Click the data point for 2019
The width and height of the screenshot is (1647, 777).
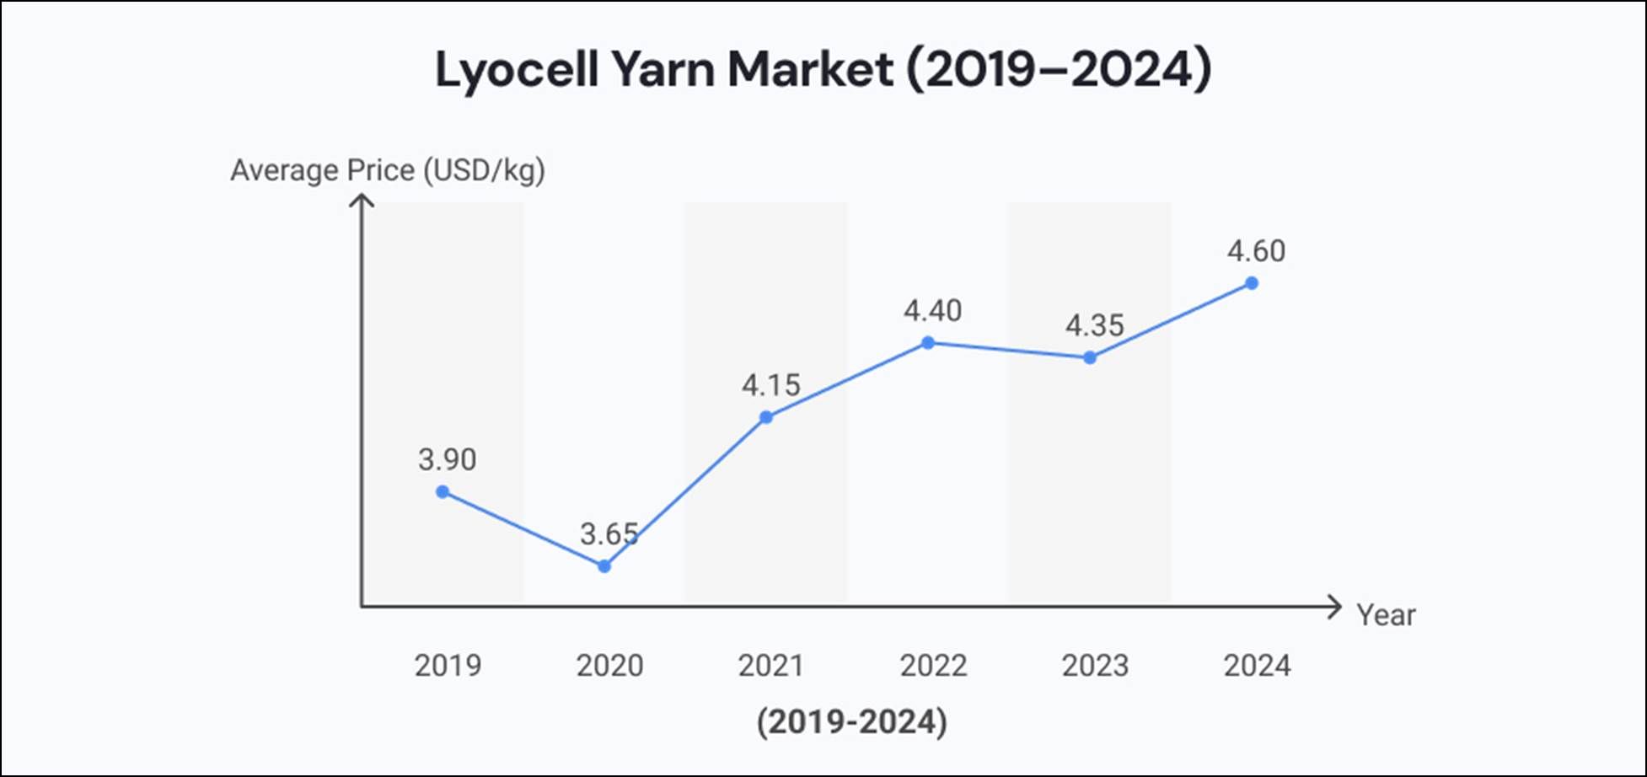click(443, 492)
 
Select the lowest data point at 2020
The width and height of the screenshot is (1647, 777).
click(604, 566)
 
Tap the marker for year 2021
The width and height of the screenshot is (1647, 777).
click(766, 417)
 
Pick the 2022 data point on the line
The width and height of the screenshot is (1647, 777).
click(928, 343)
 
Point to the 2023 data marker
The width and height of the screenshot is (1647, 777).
click(1090, 358)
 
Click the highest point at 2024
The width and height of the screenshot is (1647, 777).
click(1252, 283)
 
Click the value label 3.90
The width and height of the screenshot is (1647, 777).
click(447, 460)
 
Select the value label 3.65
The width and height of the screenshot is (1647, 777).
click(609, 534)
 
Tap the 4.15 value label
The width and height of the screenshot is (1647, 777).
click(770, 386)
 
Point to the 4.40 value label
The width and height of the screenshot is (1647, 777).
click(932, 312)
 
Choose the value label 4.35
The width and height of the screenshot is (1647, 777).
click(1094, 326)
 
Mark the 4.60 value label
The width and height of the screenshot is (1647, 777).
click(1256, 252)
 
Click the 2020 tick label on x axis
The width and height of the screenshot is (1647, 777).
click(609, 666)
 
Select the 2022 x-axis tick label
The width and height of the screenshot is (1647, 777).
click(933, 666)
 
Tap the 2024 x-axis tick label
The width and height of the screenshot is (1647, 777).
click(1257, 666)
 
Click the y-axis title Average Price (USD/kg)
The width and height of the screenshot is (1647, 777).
click(388, 170)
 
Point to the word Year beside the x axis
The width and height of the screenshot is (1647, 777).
click(1386, 615)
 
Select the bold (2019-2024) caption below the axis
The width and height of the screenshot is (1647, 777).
click(851, 722)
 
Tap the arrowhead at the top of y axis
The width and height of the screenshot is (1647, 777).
click(362, 201)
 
